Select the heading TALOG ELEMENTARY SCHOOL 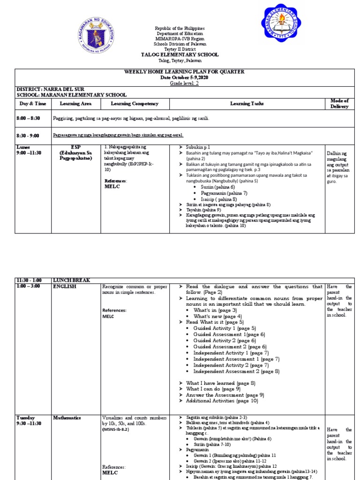tap(180, 55)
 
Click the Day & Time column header tap(33, 104)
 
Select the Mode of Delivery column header tap(339, 104)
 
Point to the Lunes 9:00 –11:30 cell tap(29, 150)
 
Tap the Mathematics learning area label tap(67, 418)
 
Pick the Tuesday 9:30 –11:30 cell tap(29, 420)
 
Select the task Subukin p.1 tap(198, 147)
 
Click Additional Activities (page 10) tap(222, 401)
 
